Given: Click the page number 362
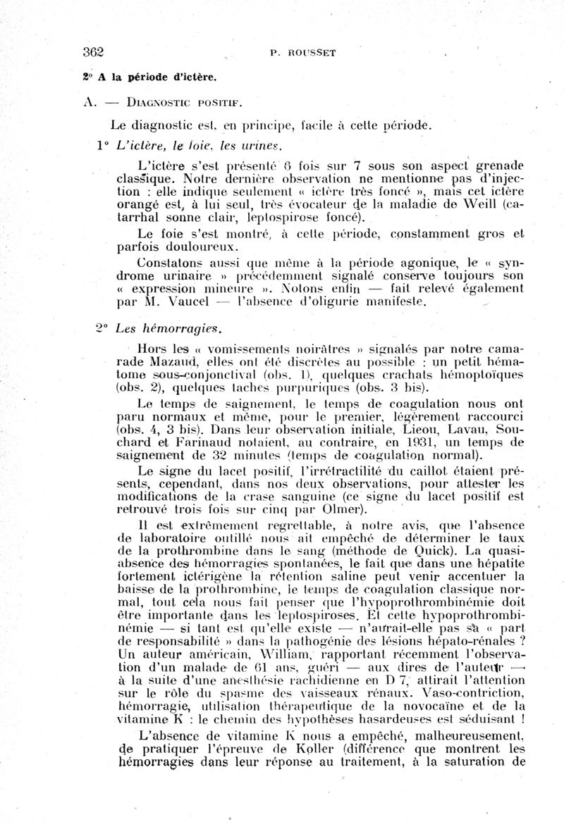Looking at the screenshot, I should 93,51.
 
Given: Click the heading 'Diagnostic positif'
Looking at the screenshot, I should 179,102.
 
